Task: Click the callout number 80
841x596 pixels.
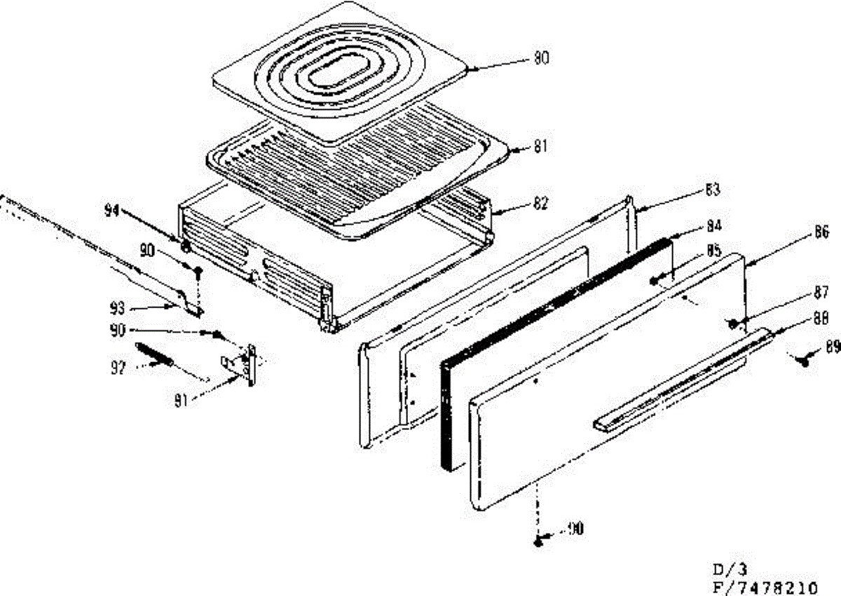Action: click(x=542, y=59)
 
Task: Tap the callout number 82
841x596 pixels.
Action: click(x=540, y=205)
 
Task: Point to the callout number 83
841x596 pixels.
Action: click(x=713, y=190)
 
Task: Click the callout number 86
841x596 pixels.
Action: click(x=822, y=232)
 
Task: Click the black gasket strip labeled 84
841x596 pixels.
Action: click(x=554, y=350)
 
